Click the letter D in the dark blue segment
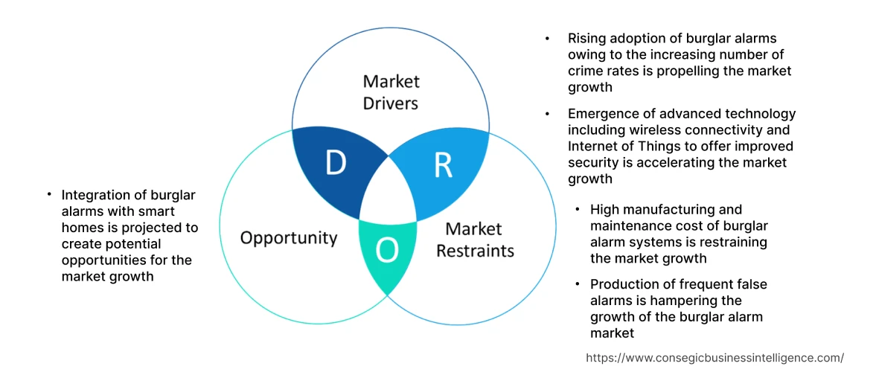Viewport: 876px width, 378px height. [x=336, y=162]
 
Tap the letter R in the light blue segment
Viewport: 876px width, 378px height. [x=443, y=165]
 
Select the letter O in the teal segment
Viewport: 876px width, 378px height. [x=386, y=252]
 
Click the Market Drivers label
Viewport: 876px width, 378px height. [x=391, y=92]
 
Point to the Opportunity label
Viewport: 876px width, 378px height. [x=289, y=238]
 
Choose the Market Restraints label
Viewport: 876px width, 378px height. [x=475, y=240]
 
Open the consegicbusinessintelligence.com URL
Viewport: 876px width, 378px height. [x=714, y=357]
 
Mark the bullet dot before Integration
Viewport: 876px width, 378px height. [x=49, y=194]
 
